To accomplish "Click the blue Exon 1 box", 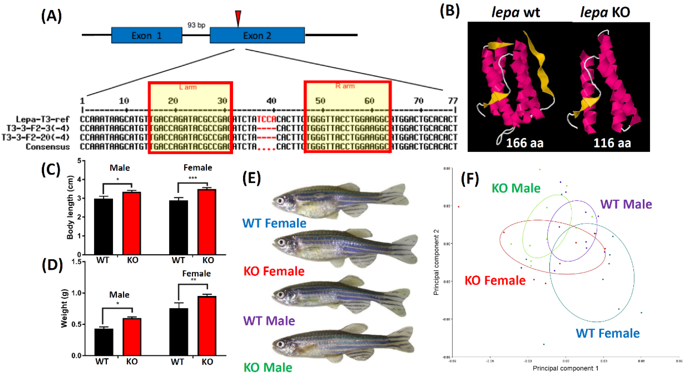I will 146,35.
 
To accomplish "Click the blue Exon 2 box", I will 257,35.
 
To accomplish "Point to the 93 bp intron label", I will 196,25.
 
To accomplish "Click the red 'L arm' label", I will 188,87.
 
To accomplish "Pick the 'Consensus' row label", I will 48,147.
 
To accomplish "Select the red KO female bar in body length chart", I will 207,222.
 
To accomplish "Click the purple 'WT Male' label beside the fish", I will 269,321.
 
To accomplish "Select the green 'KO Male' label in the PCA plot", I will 516,188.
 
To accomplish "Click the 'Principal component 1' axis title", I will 565,368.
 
